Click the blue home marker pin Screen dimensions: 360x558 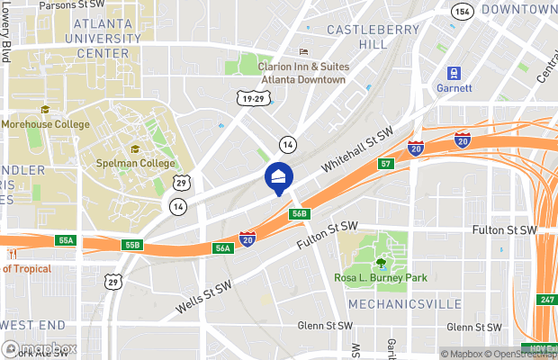pyautogui.click(x=278, y=177)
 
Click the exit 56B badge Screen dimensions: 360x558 pyautogui.click(x=301, y=213)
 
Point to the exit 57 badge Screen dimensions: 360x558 pyautogui.click(x=385, y=164)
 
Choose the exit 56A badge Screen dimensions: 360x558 pyautogui.click(x=223, y=247)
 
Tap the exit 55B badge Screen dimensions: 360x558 pyautogui.click(x=133, y=245)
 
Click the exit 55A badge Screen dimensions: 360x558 pyautogui.click(x=66, y=241)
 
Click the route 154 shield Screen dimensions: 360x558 pyautogui.click(x=463, y=11)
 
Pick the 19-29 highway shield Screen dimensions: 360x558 pyautogui.click(x=254, y=97)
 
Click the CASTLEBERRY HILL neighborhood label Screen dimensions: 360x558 pyautogui.click(x=360, y=36)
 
